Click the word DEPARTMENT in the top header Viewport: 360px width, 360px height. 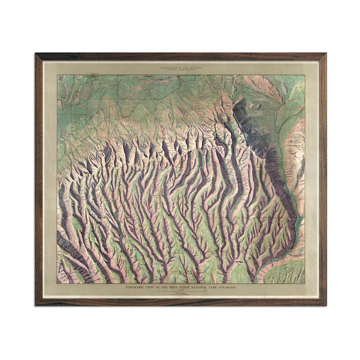coord(170,68)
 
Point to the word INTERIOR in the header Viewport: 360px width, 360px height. coord(193,68)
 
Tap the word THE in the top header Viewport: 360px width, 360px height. coord(184,68)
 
